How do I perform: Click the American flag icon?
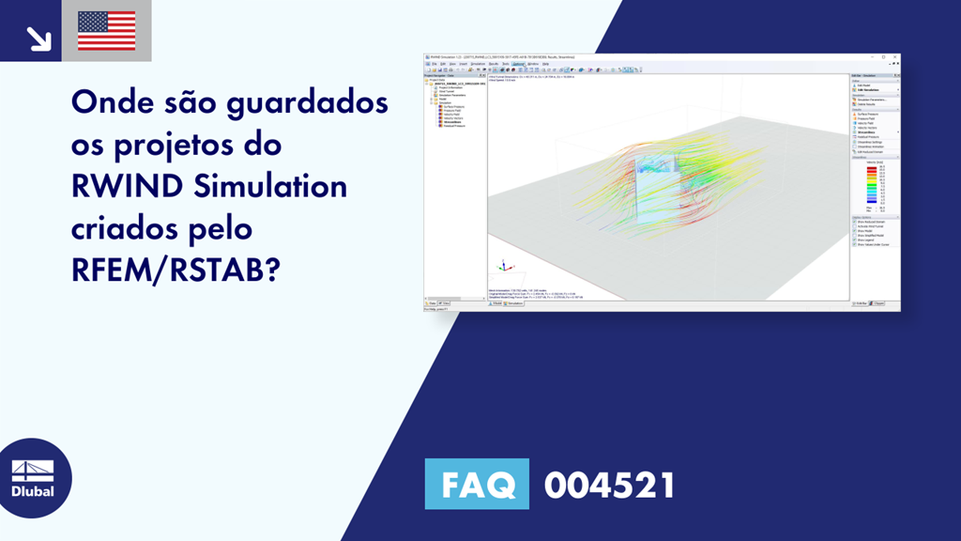106,31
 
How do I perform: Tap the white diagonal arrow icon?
38,38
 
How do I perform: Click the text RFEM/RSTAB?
176,270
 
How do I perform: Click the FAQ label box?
477,486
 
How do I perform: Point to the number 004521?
610,486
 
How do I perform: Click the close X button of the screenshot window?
895,57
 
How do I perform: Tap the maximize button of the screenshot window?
887,57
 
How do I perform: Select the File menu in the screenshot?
434,64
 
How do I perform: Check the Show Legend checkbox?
854,240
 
